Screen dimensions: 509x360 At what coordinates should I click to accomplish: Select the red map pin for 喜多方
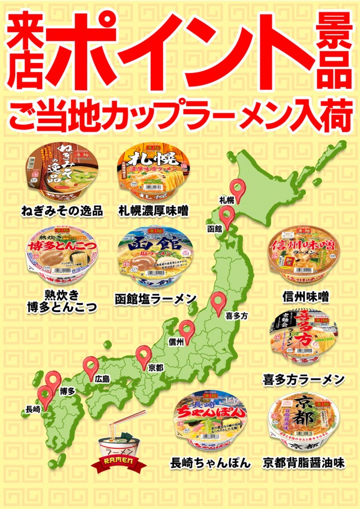pos(219,303)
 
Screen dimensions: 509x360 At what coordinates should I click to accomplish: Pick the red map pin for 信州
pos(187,329)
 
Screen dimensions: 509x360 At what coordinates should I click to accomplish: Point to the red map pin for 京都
pos(144,355)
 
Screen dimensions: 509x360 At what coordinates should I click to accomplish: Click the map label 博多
pos(67,391)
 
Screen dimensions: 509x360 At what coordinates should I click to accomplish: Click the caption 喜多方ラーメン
pos(304,380)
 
